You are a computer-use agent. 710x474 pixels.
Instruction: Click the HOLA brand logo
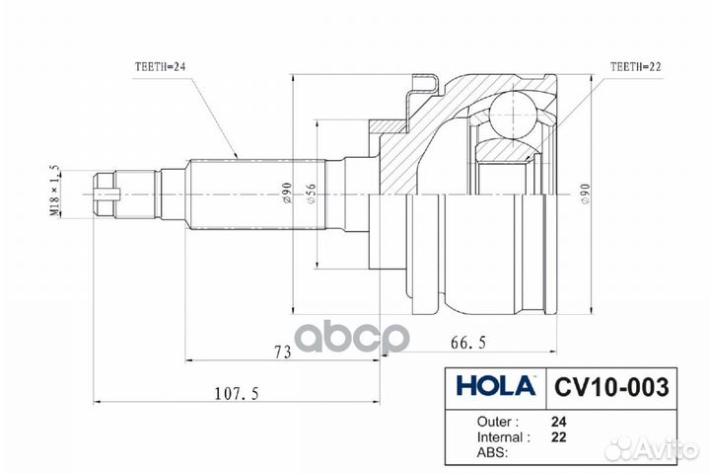495,384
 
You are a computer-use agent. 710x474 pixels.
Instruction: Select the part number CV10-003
608,384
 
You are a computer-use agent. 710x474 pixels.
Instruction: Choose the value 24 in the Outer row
558,418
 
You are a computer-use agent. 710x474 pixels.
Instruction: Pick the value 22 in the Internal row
558,435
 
